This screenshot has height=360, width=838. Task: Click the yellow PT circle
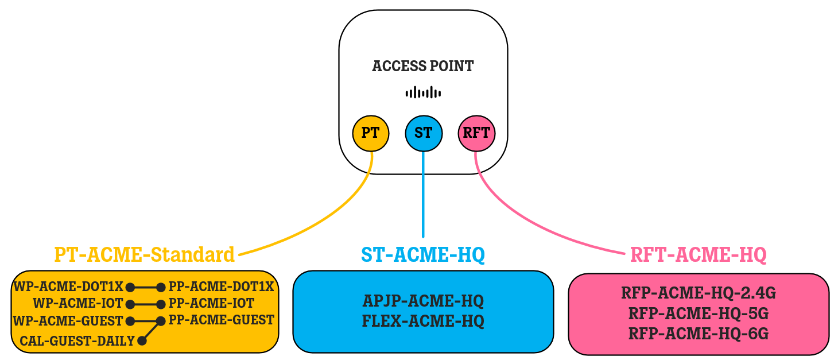(x=371, y=133)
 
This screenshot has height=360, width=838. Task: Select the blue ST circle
(x=423, y=133)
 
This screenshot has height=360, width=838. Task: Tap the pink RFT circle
(x=476, y=133)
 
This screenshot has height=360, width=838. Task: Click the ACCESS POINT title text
(x=423, y=66)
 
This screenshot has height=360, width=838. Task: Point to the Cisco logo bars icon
(x=423, y=92)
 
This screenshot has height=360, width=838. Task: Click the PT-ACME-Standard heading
(x=144, y=254)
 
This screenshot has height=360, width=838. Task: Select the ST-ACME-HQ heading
(x=423, y=254)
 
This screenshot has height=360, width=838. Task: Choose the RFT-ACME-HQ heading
(x=698, y=254)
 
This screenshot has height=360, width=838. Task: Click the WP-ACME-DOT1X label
(x=69, y=287)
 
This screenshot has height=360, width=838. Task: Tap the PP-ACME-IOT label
(x=211, y=303)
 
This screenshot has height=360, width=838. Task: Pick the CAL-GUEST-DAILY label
(x=77, y=341)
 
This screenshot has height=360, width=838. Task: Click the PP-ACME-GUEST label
(x=221, y=320)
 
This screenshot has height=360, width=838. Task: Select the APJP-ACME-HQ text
(x=423, y=301)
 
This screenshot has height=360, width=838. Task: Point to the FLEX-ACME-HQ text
(x=423, y=321)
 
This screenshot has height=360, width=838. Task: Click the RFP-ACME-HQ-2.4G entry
(x=698, y=294)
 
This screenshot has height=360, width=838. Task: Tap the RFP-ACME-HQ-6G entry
(x=698, y=333)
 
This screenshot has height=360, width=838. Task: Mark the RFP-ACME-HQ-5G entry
(x=698, y=313)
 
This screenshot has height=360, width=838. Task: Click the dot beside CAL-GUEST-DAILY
(x=142, y=341)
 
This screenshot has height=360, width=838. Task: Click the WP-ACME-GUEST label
(x=68, y=320)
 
